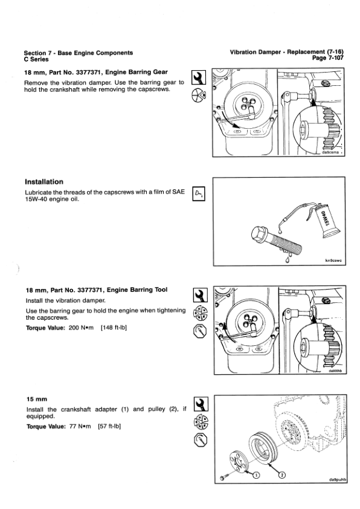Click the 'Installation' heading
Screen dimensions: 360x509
point(44,182)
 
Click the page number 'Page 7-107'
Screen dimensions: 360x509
point(327,58)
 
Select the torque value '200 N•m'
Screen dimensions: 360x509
point(81,328)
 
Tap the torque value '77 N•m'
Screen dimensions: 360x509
point(80,426)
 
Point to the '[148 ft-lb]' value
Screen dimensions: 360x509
point(114,328)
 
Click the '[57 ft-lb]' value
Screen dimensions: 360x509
point(109,426)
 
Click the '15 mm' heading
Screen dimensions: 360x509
point(37,399)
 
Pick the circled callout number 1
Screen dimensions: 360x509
point(256,475)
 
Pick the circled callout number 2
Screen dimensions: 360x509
point(282,475)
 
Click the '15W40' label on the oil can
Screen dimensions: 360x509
point(326,218)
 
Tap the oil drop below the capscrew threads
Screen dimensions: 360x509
point(287,260)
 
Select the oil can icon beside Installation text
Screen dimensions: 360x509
point(199,194)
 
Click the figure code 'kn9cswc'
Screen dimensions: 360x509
point(333,261)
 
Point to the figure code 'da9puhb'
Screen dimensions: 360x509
point(337,480)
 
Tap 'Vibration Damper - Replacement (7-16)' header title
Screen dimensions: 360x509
point(287,52)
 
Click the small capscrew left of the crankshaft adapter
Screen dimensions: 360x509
point(223,478)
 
